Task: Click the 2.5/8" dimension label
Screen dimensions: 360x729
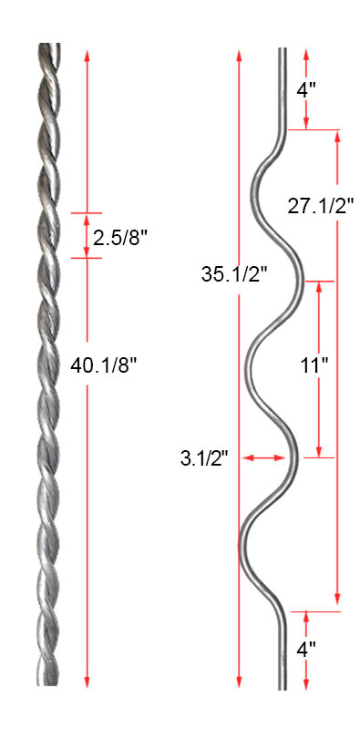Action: [x=119, y=238]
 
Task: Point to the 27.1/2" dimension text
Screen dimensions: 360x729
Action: [x=321, y=206]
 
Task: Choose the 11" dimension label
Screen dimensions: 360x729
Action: [x=314, y=366]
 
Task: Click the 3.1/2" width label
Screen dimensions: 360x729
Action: [x=205, y=459]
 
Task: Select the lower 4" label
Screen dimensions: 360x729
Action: [x=306, y=648]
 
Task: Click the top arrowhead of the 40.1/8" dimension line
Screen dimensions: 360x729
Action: [x=87, y=56]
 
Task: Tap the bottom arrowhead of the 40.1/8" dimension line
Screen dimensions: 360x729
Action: [x=87, y=681]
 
